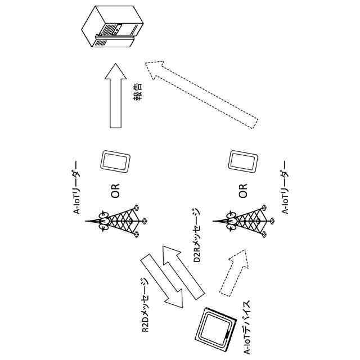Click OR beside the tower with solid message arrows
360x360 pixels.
pos(115,191)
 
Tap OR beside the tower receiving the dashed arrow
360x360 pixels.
pos(243,191)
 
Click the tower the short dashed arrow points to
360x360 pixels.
pos(248,222)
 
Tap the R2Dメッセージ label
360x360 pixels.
pos(145,306)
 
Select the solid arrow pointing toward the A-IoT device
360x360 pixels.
pos(163,281)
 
